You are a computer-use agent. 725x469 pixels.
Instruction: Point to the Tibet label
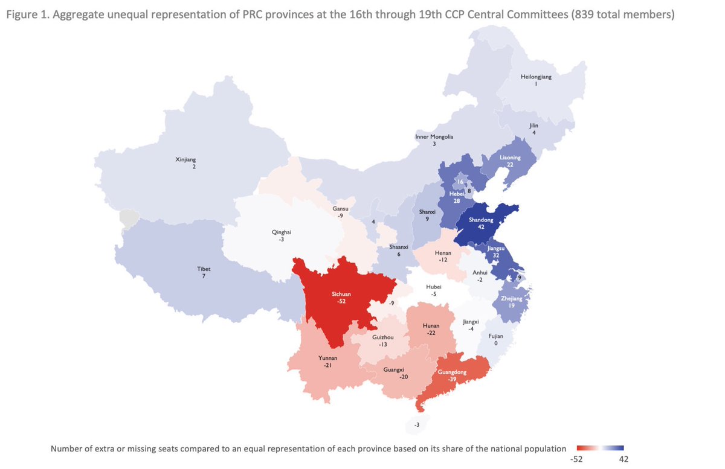pos(204,269)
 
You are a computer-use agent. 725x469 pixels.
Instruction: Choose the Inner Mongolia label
pos(434,136)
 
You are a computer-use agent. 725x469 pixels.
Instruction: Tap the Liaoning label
pos(510,157)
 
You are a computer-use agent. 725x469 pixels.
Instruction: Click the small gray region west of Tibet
pos(127,218)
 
